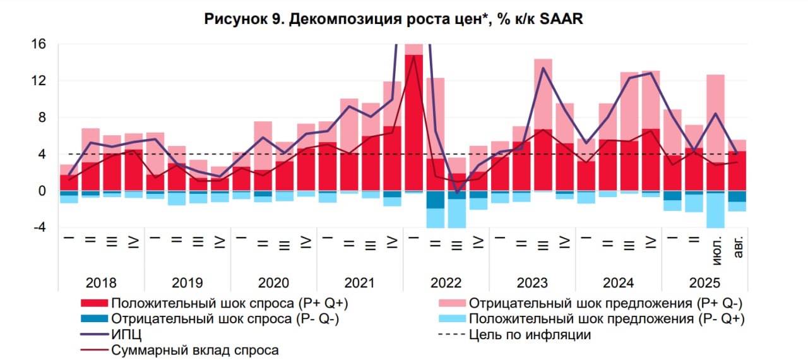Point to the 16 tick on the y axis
coord(39,44)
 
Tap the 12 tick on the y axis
coord(39,81)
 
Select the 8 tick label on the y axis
coord(42,117)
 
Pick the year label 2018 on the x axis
coord(102,282)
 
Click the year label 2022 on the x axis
coord(446,282)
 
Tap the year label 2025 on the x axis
coord(704,282)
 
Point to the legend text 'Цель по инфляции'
coord(530,335)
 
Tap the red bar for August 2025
coord(737,171)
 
